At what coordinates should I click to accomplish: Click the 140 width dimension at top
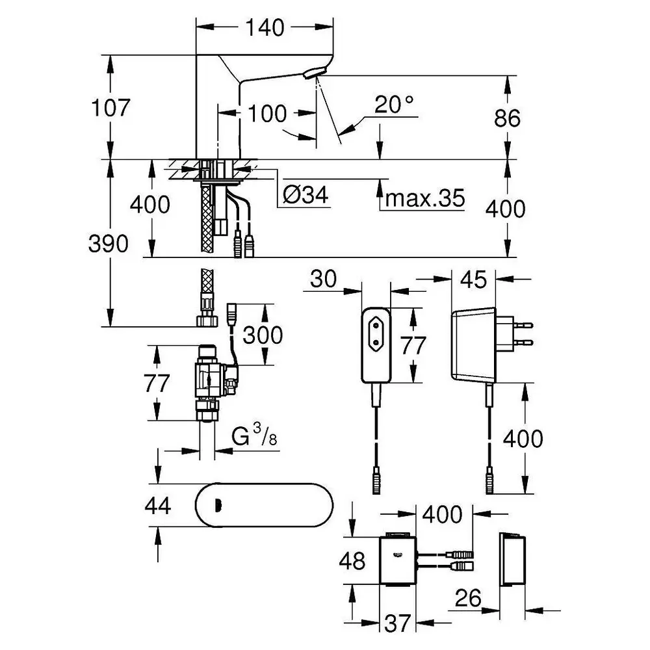pos(265,28)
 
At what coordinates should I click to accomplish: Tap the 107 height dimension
pos(110,107)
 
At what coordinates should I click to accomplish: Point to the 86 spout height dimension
pos(507,118)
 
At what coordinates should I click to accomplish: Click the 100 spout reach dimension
pos(267,113)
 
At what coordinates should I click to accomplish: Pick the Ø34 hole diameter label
pos(307,194)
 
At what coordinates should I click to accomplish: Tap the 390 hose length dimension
pos(109,244)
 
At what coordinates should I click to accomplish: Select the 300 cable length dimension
pos(263,335)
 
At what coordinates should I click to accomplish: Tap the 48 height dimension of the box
pos(352,560)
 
